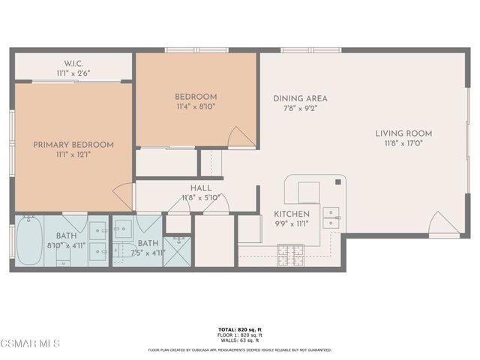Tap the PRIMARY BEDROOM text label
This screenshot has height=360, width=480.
(x=73, y=145)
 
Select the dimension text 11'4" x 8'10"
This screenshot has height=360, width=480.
(x=196, y=107)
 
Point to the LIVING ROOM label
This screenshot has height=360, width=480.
(x=403, y=133)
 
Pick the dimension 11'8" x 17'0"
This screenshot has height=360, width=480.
(x=403, y=143)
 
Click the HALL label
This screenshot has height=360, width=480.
(x=201, y=188)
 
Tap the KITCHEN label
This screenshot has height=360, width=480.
(x=292, y=214)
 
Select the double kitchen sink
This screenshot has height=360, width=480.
(x=331, y=217)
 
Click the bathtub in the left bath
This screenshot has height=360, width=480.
(x=29, y=240)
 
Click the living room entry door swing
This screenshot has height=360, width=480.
(x=442, y=223)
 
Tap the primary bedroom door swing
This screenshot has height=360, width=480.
(x=122, y=196)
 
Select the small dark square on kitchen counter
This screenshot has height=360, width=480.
(x=339, y=181)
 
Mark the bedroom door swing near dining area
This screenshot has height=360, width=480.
(x=241, y=137)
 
